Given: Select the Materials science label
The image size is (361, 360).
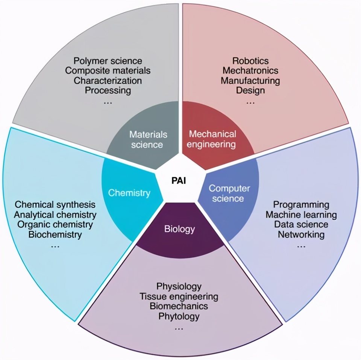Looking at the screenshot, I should pyautogui.click(x=148, y=139).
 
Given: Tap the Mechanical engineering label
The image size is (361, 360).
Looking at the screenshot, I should pyautogui.click(x=212, y=139).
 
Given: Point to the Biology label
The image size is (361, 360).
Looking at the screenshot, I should pyautogui.click(x=179, y=229).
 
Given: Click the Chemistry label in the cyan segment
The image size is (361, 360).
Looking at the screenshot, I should pyautogui.click(x=129, y=193).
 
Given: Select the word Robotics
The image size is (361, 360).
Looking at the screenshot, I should pyautogui.click(x=250, y=61).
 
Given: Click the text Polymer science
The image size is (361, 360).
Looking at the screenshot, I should pyautogui.click(x=108, y=61).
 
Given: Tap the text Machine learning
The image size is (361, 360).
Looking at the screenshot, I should pyautogui.click(x=301, y=215).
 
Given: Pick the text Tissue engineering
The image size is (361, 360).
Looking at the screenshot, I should pyautogui.click(x=179, y=296).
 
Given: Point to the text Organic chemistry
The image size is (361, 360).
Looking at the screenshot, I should pyautogui.click(x=55, y=225).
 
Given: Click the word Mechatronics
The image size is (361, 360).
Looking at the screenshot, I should pyautogui.click(x=250, y=70).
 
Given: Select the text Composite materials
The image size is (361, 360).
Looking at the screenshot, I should pyautogui.click(x=108, y=70).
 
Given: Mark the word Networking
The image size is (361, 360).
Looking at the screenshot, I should pyautogui.click(x=301, y=234).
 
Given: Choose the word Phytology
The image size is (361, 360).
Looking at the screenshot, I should pyautogui.click(x=179, y=316).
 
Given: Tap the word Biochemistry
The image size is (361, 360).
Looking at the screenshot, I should pyautogui.click(x=55, y=235).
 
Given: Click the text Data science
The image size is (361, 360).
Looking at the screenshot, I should pyautogui.click(x=301, y=225).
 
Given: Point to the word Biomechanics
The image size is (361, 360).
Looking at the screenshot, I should pyautogui.click(x=179, y=306).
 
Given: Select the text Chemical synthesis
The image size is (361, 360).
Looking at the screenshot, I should pyautogui.click(x=55, y=205).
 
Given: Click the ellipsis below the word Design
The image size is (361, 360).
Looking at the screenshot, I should pyautogui.click(x=250, y=102).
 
